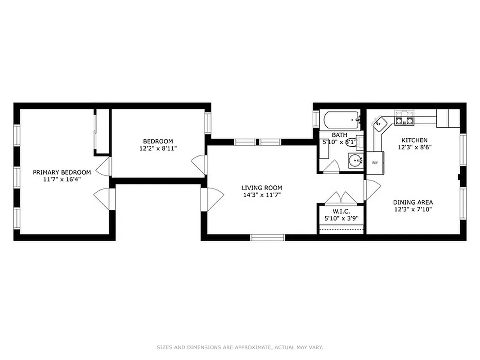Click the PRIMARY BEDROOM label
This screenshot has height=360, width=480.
tap(62, 172)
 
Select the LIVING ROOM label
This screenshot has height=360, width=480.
tap(261, 188)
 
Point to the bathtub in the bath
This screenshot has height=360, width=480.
tap(341, 120)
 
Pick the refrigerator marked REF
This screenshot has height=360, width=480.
tap(375, 162)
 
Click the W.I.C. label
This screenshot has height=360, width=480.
tap(341, 211)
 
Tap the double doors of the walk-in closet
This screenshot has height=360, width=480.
tap(341, 198)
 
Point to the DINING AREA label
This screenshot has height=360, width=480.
tap(413, 202)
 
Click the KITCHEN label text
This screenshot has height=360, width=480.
tap(414, 140)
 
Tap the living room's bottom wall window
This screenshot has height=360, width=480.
tap(268, 237)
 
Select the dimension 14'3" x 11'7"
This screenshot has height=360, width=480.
tap(261, 195)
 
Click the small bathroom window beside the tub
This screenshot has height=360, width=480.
tap(316, 120)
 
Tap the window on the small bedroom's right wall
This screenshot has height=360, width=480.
tap(208, 122)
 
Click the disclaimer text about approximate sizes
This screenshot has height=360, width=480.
tap(240, 347)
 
